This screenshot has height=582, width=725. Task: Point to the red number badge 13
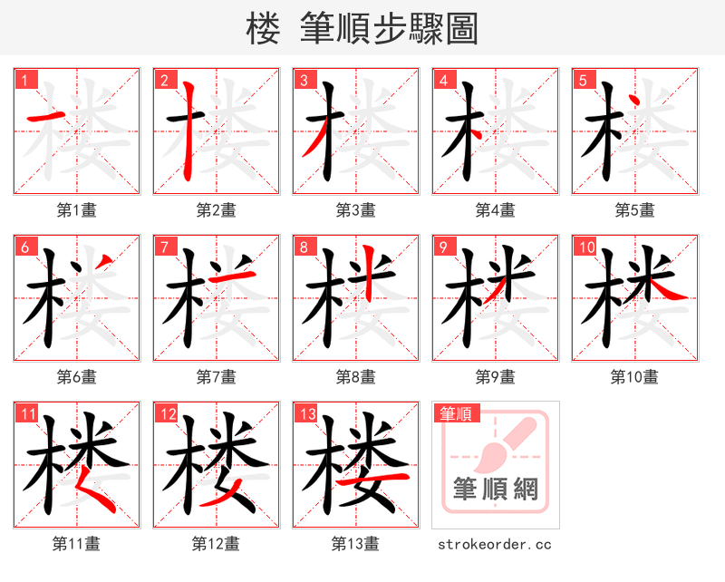pos(305,414)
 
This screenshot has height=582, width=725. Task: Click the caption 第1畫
pos(77,210)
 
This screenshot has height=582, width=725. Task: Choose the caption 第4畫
pos(496,210)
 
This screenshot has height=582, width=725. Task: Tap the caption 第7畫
pos(217,377)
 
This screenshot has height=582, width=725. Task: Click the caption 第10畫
pos(635,377)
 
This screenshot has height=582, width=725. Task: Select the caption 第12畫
pos(217,544)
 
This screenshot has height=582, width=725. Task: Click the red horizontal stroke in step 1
pos(42,117)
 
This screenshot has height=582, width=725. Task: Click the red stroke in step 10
pos(670,290)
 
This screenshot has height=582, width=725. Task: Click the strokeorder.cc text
pos(495,544)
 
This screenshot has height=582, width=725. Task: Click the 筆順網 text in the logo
pos(496,490)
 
